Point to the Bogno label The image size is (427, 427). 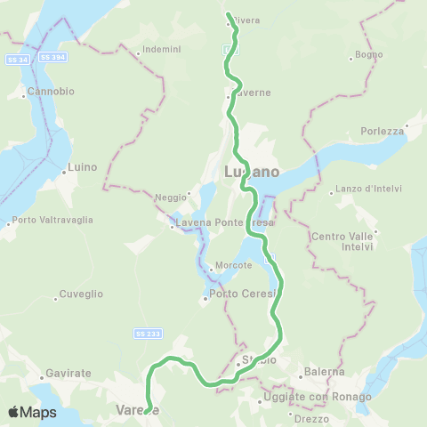(368, 54)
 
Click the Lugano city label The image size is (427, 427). (251, 171)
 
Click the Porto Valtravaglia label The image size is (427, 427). (48, 221)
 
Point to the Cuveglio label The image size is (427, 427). (81, 294)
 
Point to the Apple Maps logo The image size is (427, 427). (32, 412)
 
